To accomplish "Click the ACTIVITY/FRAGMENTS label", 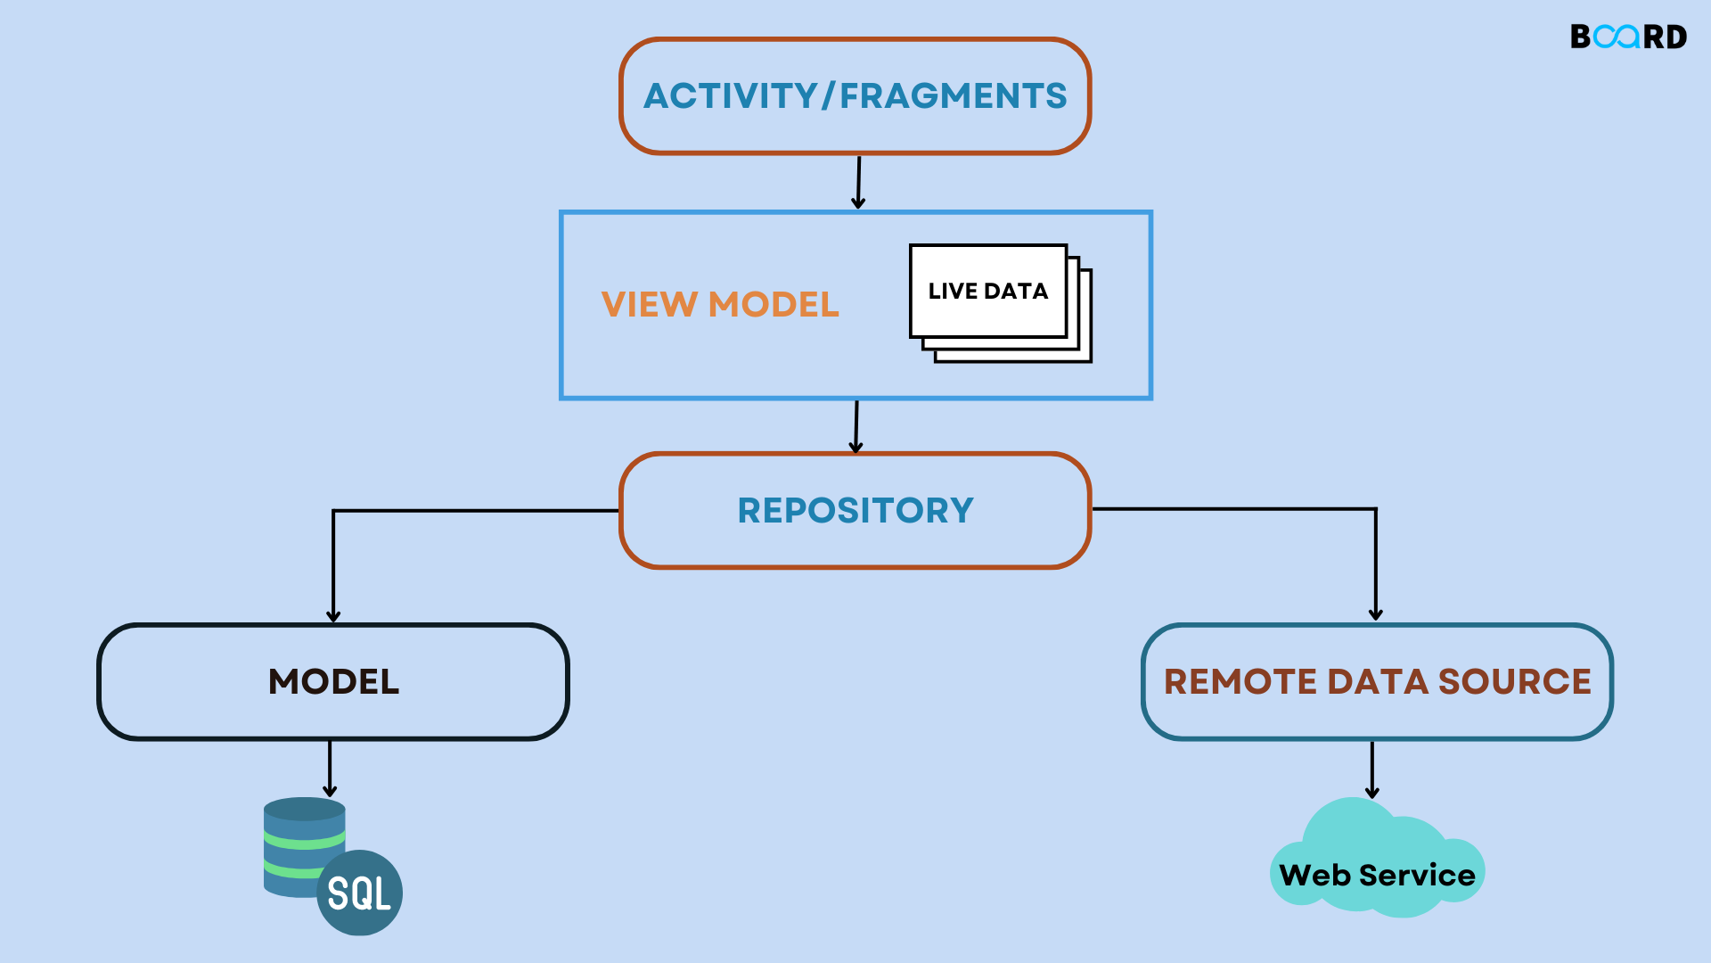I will coord(855,95).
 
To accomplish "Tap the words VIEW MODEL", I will coord(720,304).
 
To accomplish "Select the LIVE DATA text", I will coord(987,291).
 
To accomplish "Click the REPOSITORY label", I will coord(855,510).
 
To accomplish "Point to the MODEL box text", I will coord(333,681).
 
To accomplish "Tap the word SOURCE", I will coord(1514,681).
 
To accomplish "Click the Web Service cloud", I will coord(1377,860).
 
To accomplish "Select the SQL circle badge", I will coord(359,893).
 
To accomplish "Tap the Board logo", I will coord(1628,37).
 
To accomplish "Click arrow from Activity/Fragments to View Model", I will coord(858,182).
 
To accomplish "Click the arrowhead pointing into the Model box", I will coord(333,615).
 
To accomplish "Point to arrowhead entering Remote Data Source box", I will coord(1376,613).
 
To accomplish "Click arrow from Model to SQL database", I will coord(330,768).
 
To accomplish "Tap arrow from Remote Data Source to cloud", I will coord(1372,770).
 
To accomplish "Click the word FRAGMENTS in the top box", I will coord(953,95).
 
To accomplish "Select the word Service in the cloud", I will coord(1417,875).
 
